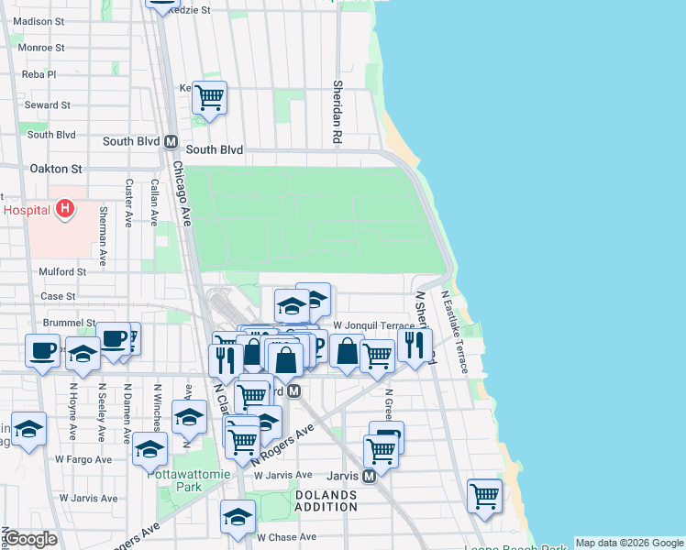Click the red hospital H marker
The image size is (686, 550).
coord(64,210)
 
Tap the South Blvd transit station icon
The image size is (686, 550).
coord(170,142)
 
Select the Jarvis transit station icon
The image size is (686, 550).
coord(368,476)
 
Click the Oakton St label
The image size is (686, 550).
coord(56,169)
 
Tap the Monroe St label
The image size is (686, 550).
coord(40,48)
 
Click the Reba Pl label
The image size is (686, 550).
coord(39,74)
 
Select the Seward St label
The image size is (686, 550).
coord(48,105)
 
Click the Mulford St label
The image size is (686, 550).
coord(62,271)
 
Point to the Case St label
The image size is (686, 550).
coord(58,296)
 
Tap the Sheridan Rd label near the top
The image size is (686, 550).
coord(337,110)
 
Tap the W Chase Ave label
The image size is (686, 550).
coord(286,537)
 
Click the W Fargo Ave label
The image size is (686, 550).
coord(83,459)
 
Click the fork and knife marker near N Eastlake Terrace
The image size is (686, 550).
coord(415,345)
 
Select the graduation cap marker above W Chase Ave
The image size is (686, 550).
coord(238,516)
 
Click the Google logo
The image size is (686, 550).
coord(31,538)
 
